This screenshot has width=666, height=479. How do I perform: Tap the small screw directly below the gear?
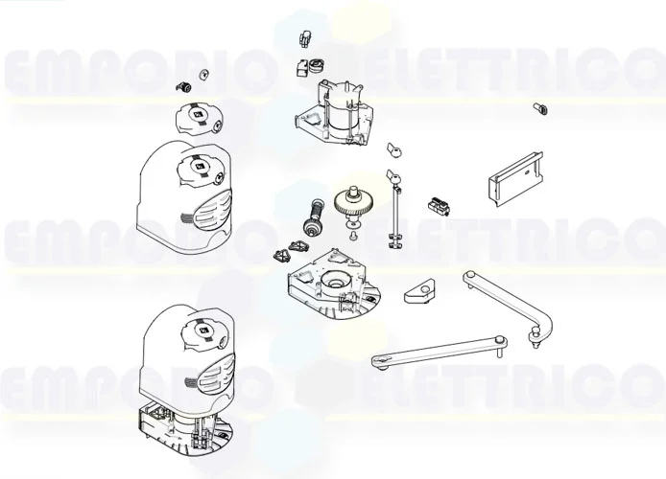pyautogui.click(x=353, y=235)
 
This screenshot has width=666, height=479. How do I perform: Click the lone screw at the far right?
pyautogui.click(x=538, y=108)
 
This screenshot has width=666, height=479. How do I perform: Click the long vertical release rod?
pyautogui.click(x=392, y=216)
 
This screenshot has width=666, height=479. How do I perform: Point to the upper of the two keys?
pyautogui.click(x=392, y=149)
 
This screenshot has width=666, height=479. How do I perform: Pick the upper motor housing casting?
pyautogui.click(x=335, y=113)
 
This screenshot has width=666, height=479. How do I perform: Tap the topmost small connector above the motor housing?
pyautogui.click(x=306, y=38)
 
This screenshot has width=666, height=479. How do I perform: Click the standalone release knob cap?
pyautogui.click(x=197, y=120)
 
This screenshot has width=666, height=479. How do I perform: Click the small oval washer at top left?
pyautogui.click(x=202, y=75)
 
